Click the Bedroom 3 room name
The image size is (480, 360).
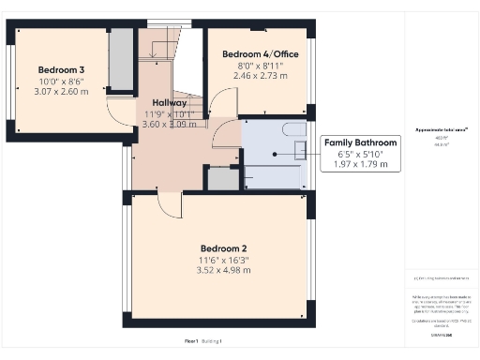[x=62, y=69]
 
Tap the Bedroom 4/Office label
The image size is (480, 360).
[x=260, y=54]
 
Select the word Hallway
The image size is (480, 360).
[x=168, y=104]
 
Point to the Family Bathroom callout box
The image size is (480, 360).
[x=359, y=153]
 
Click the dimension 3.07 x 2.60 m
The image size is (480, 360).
[x=62, y=92]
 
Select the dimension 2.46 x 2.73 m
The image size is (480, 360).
[x=260, y=77]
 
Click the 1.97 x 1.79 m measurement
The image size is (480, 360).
[x=359, y=164]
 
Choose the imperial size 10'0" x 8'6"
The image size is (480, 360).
[x=62, y=81]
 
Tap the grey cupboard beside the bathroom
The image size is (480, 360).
[x=223, y=178]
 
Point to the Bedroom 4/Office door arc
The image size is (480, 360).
[x=221, y=101]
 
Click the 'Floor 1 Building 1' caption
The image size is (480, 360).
[x=203, y=340]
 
